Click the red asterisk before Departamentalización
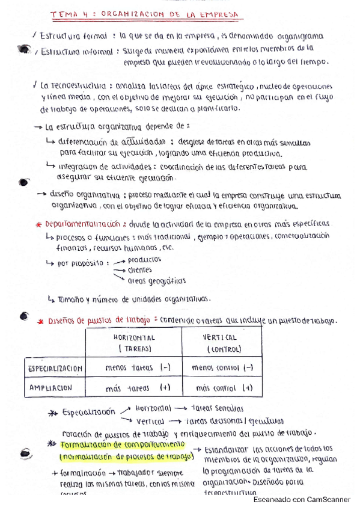[x=38, y=224]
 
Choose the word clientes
[x=139, y=270]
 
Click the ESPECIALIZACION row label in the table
[x=55, y=367]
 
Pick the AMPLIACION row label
[x=51, y=388]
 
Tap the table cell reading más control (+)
[x=222, y=388]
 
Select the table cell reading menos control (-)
[x=222, y=367]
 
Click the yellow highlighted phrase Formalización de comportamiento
[x=123, y=445]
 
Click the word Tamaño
[x=72, y=299]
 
